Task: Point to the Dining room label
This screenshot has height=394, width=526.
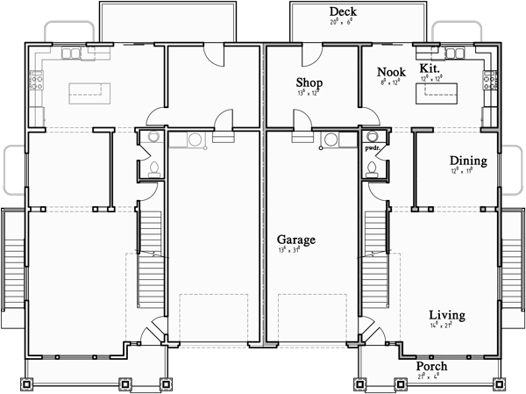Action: [x=467, y=161]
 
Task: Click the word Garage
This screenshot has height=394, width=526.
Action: [x=296, y=239]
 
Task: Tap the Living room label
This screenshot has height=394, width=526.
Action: [x=446, y=314]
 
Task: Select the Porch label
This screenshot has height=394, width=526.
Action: [x=431, y=366]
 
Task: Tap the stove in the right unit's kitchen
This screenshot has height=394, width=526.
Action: [x=489, y=84]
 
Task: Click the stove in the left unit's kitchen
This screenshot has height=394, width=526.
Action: [x=37, y=84]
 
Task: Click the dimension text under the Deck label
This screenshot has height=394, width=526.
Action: [x=338, y=22]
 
